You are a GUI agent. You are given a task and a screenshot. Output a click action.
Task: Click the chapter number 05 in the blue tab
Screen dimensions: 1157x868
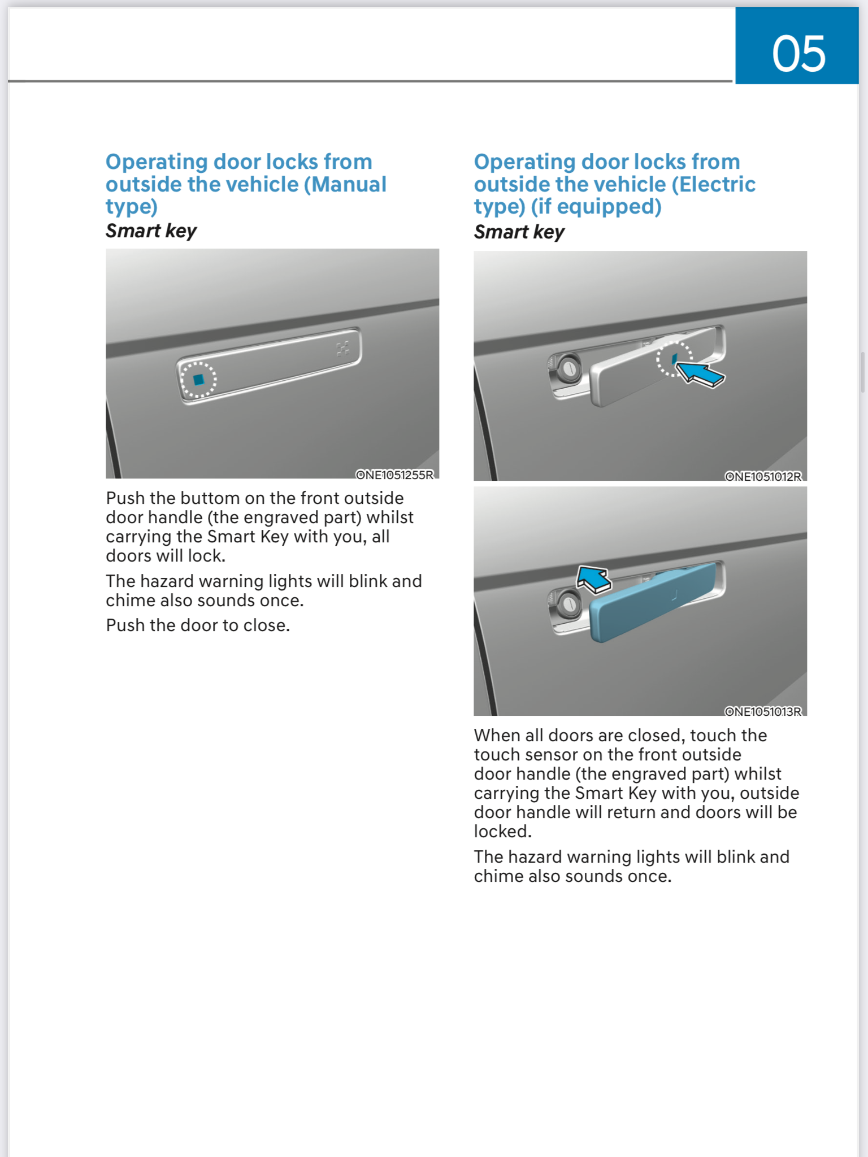coord(798,54)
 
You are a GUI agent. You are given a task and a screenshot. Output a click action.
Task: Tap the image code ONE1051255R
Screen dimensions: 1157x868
coord(394,475)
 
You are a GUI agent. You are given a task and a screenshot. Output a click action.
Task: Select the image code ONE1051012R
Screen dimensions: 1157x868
coord(763,476)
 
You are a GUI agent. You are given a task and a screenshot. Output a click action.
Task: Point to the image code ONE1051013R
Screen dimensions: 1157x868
coord(763,711)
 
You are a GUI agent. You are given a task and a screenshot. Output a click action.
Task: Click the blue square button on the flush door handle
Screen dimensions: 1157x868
coord(198,380)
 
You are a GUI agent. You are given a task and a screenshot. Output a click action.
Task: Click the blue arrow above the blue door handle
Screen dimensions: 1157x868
coord(593,579)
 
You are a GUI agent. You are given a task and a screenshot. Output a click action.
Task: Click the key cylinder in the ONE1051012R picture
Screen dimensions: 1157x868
coord(568,368)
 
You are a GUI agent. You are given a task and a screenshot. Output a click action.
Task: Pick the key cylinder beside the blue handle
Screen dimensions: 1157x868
coord(568,605)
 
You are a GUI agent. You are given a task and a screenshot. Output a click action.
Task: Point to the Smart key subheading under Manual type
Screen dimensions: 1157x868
coord(151,230)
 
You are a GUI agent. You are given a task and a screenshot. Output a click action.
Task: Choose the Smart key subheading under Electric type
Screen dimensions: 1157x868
coord(519,232)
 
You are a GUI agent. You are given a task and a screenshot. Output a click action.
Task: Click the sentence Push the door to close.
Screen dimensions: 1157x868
coord(198,625)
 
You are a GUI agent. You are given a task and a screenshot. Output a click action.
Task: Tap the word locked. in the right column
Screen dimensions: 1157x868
coord(502,832)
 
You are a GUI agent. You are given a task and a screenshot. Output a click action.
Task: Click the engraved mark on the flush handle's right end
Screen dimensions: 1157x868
coord(343,349)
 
